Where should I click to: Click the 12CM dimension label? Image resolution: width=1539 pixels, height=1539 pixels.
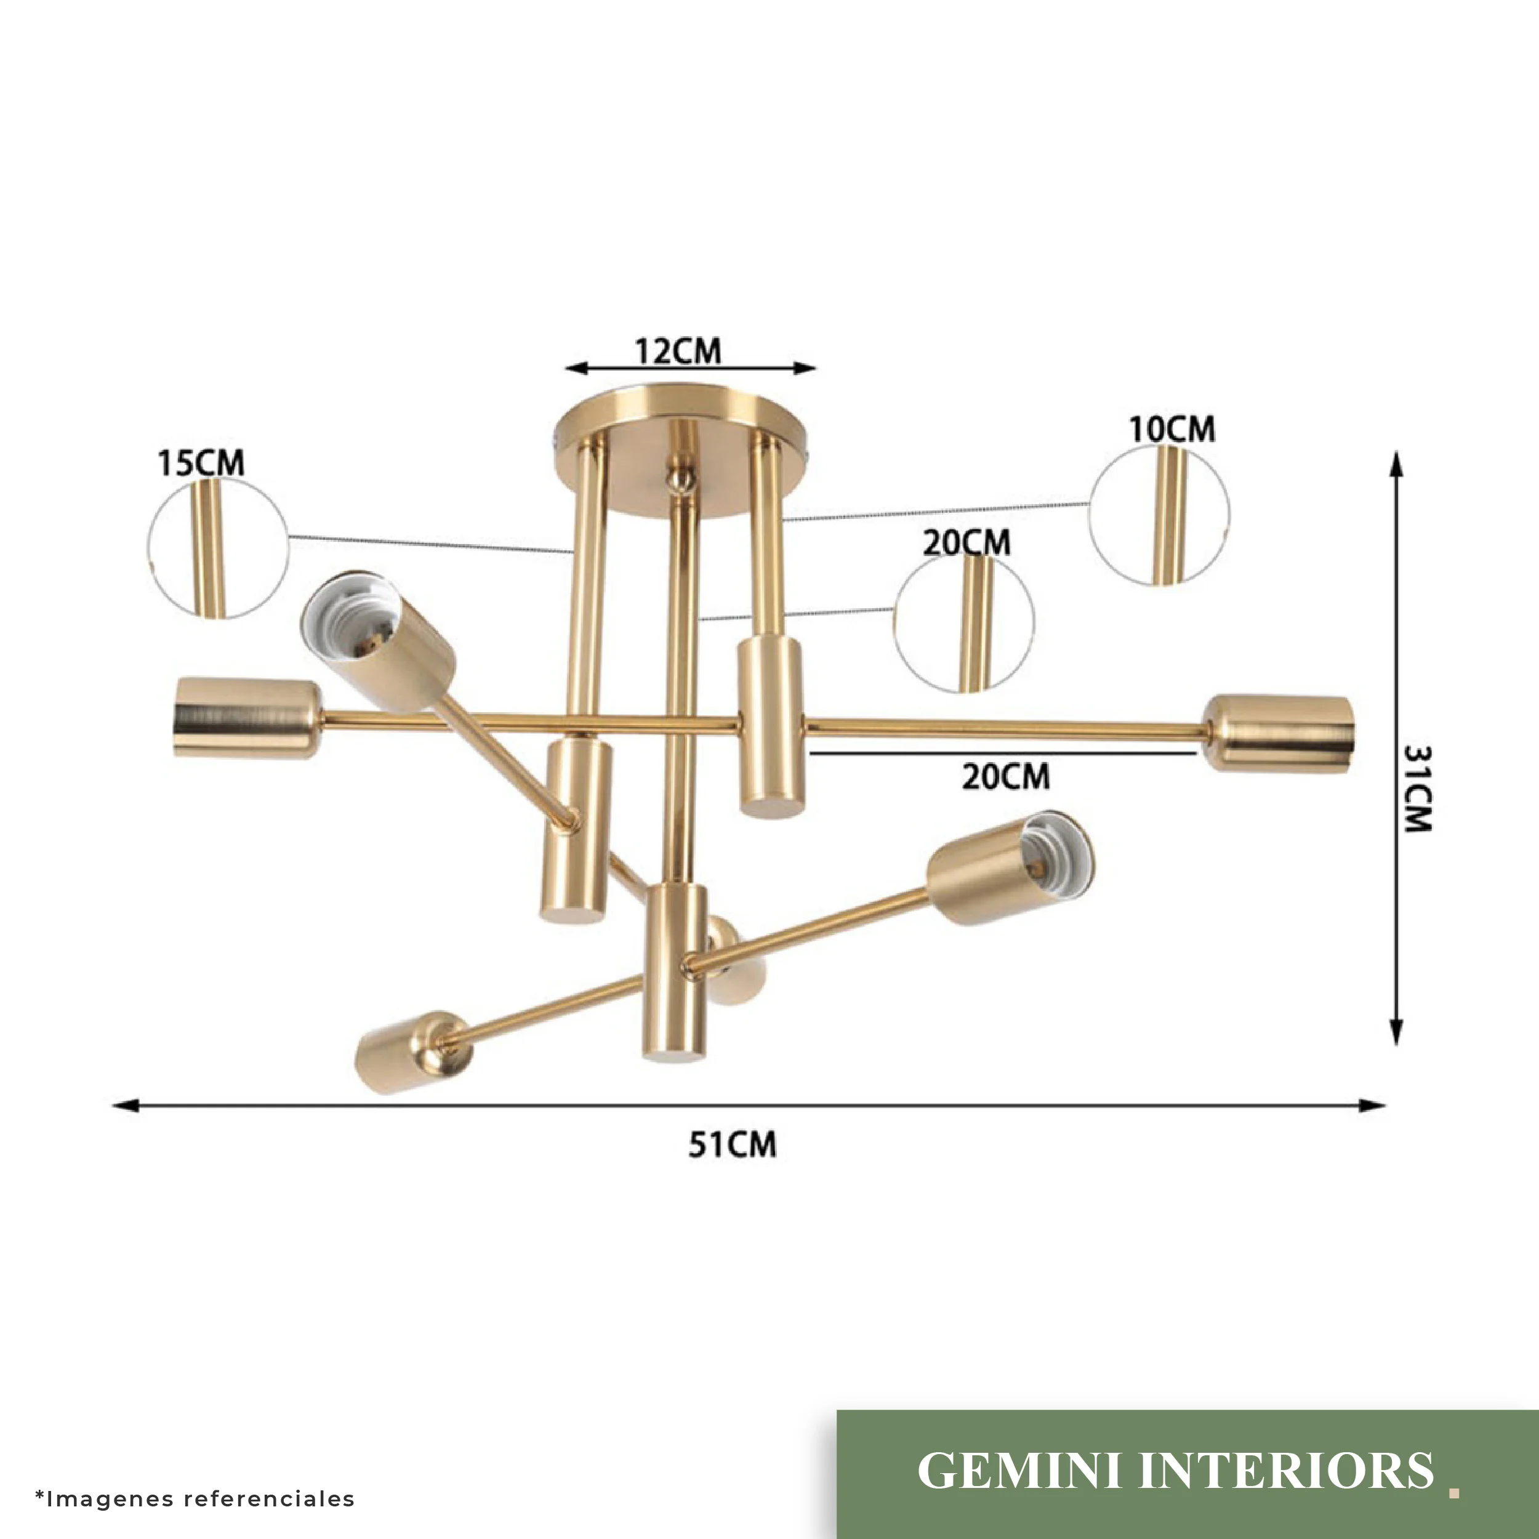click(x=678, y=352)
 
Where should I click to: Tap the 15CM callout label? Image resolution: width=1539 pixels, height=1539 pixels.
click(x=201, y=463)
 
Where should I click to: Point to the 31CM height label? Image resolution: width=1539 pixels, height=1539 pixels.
click(x=1417, y=788)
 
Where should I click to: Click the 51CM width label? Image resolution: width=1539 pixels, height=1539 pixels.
click(x=732, y=1144)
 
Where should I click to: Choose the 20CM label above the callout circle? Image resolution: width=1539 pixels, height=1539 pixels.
click(x=966, y=544)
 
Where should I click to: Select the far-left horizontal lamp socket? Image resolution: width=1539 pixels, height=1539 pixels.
click(x=247, y=717)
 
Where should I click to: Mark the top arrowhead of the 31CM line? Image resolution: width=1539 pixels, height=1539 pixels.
click(x=1396, y=464)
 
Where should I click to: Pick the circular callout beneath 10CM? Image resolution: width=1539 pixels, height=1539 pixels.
click(x=1159, y=515)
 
